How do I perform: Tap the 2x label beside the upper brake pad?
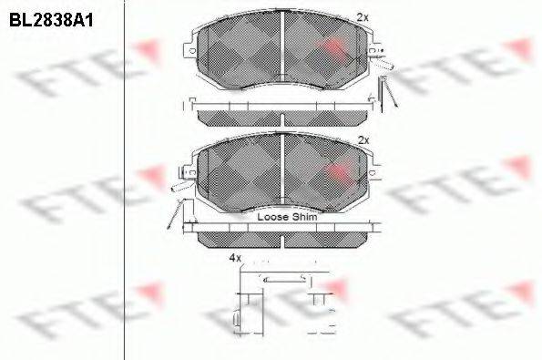pos(363,17)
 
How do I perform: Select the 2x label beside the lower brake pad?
pos(363,139)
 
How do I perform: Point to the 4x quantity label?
pos(235,258)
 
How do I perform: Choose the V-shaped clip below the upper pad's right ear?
pos(389,92)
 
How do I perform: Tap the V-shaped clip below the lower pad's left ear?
pos(173,214)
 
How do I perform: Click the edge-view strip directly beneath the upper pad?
pos(282,117)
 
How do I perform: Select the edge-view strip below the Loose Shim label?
pos(282,238)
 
